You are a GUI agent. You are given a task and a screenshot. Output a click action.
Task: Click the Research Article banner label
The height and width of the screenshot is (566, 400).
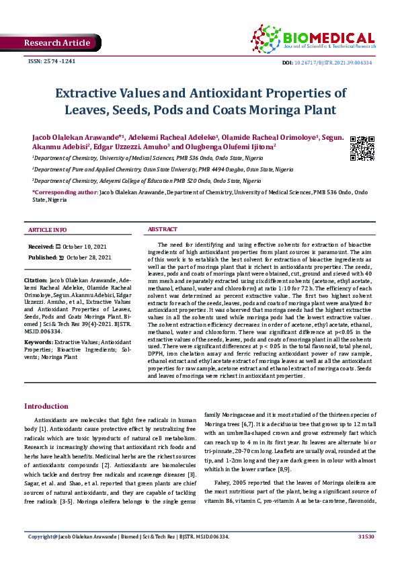coord(56,43)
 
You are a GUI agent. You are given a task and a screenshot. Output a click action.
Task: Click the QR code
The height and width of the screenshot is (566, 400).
coord(362,148)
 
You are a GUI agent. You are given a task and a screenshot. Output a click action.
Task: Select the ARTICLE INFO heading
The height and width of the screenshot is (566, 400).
coord(47,230)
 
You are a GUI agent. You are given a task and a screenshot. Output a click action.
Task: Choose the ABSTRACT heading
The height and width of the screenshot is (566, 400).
coord(162,230)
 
